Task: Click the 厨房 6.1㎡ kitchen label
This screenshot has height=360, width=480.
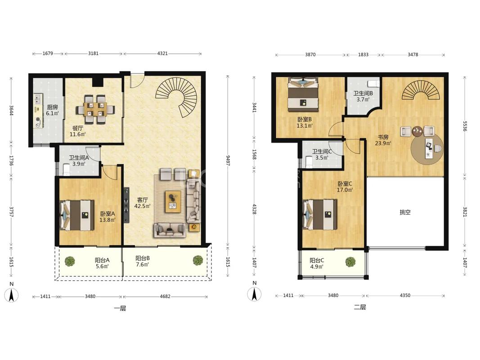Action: pos(52,110)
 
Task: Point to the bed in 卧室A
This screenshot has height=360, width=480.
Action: pos(77,215)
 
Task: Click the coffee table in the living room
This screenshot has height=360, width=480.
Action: pos(173,202)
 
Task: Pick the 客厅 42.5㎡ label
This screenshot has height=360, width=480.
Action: pos(142,203)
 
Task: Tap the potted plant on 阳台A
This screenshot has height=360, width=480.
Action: pos(70,261)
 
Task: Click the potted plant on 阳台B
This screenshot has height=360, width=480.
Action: pos(198,260)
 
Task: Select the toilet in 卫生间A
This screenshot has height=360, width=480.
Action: pos(66,170)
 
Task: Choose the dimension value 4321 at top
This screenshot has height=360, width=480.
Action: pos(162,53)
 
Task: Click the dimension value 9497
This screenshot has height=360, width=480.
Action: pos(228,160)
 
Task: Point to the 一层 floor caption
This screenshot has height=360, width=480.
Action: pos(120,308)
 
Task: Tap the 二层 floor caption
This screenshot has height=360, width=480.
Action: pos(360,307)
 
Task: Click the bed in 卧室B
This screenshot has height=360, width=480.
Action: pos(303,94)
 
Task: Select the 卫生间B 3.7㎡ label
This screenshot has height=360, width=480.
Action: pos(363,96)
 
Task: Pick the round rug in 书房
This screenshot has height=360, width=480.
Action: pos(427,149)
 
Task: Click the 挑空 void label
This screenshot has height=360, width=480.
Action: pos(405,212)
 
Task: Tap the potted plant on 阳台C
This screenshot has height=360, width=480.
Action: pos(350,262)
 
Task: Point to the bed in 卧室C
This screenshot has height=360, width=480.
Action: pos(319,215)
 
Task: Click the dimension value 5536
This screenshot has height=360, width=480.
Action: pos(465,126)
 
